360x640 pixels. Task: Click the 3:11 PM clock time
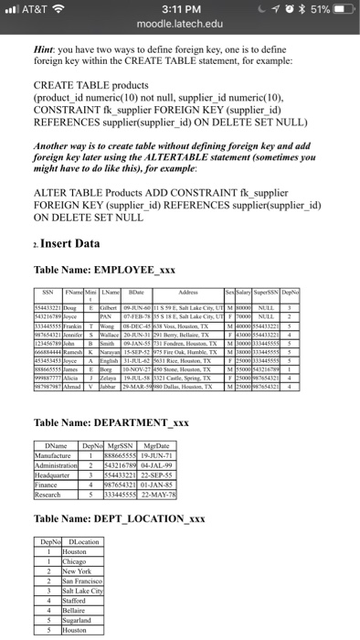pyautogui.click(x=179, y=10)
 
